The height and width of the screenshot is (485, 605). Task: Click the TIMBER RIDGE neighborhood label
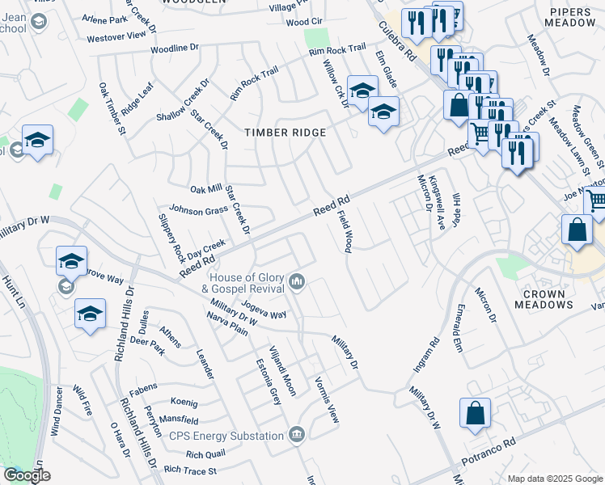286,133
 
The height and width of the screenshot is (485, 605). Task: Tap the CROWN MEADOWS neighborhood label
543,298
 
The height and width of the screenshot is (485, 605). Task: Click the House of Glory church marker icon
298,281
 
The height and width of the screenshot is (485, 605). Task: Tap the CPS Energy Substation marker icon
298,435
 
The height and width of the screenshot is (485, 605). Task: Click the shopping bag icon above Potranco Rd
475,412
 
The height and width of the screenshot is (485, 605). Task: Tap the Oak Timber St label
112,107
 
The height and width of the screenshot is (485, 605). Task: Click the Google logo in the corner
27,475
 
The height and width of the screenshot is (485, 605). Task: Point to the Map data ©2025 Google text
553,478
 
